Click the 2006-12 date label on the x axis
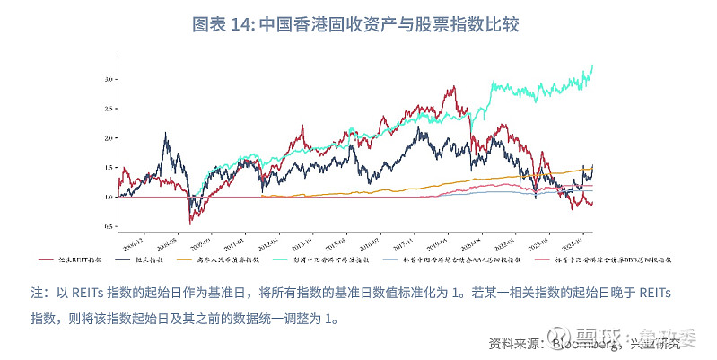[133, 238]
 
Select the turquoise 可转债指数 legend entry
[332, 259]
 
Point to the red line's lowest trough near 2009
[189, 223]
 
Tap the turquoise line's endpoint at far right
[592, 66]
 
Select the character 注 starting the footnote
[38, 293]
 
